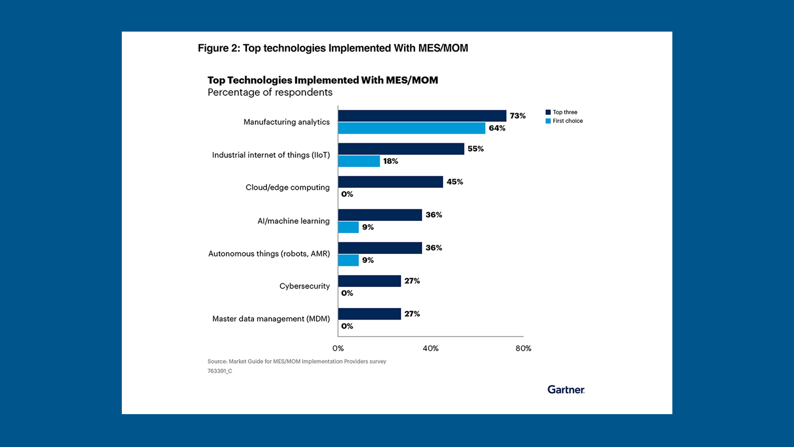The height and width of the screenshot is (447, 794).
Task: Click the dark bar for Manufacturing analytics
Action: coord(422,116)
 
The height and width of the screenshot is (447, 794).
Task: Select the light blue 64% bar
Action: coord(412,128)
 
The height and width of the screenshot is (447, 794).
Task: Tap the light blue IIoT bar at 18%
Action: coord(359,161)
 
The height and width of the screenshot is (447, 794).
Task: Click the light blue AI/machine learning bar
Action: coord(348,227)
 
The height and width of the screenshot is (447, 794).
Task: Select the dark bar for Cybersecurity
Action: coord(369,281)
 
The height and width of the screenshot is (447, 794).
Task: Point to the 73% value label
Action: coord(517,116)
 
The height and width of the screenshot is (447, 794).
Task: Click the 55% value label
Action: coord(476,149)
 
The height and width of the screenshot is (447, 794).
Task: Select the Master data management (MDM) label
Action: coord(271,319)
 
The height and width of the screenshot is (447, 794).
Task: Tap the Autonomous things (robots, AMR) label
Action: coord(269,254)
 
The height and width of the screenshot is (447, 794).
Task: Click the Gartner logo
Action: coord(566,390)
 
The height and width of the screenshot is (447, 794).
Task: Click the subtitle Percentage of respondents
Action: coord(270,92)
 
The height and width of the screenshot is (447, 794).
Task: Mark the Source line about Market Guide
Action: coord(297,361)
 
